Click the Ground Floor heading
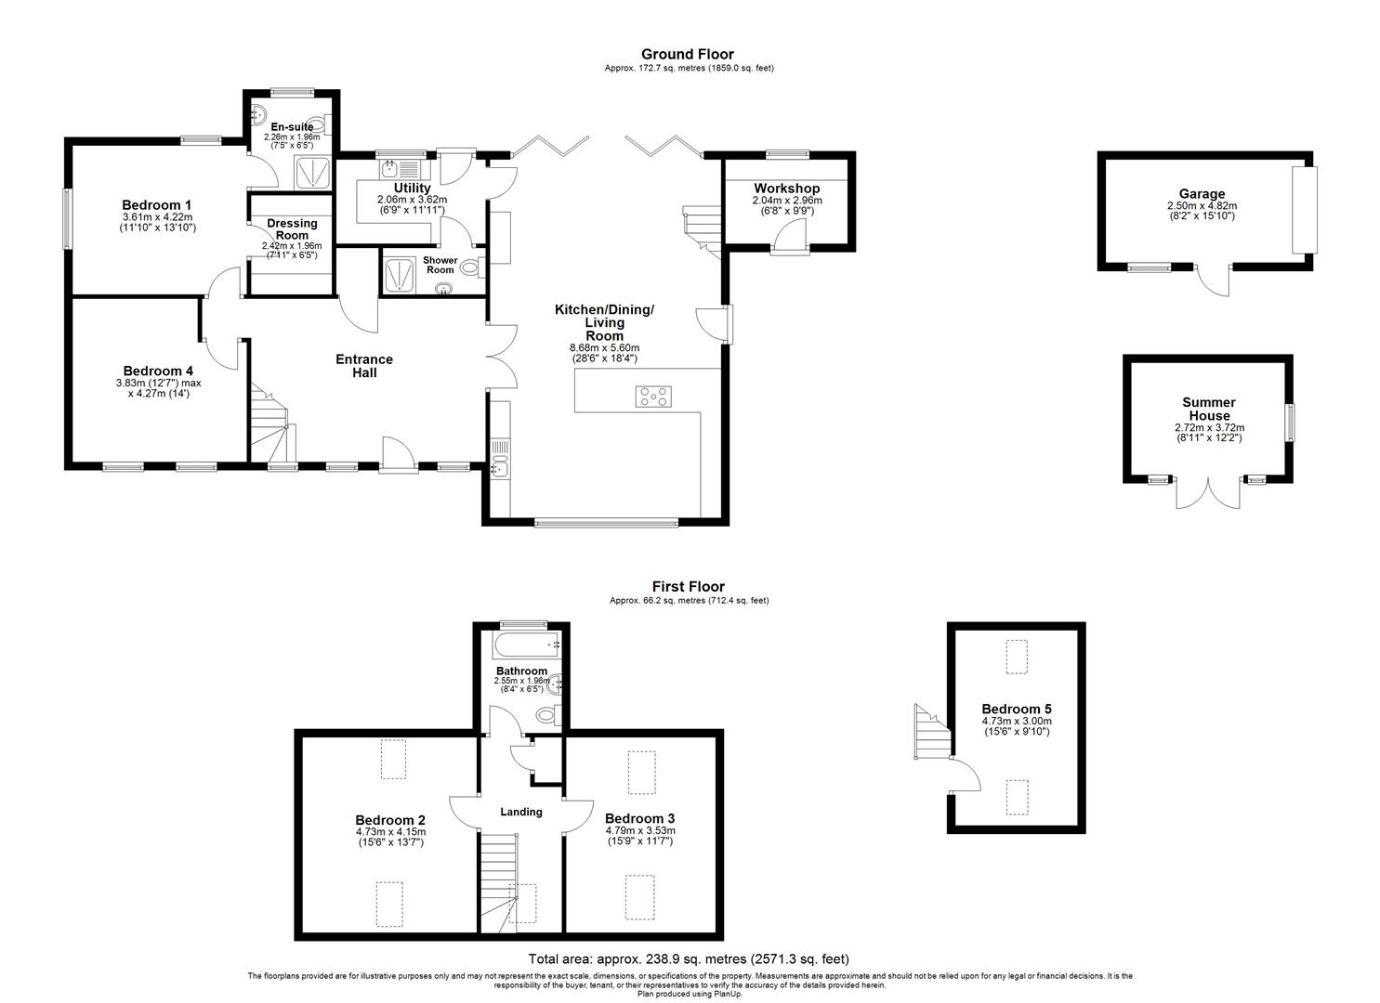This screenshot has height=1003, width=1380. coord(688,54)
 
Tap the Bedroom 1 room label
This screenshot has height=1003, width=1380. coord(156,205)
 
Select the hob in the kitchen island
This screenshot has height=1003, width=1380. coord(653,397)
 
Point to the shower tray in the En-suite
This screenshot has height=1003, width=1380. coord(312,173)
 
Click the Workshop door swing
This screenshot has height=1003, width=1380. coord(790,235)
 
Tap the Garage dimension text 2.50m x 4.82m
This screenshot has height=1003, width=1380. coord(1202,206)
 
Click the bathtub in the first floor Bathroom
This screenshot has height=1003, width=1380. coord(527,645)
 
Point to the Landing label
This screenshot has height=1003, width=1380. coord(521,812)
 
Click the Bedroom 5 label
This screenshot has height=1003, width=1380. coord(1017,709)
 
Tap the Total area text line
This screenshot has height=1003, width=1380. coord(689,958)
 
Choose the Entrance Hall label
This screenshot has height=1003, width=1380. coord(364,366)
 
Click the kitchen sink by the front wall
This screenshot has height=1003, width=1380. coord(500,471)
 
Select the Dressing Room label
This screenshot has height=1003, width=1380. coord(292,229)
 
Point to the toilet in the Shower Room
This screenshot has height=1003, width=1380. coord(472,267)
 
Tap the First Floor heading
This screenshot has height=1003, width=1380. coord(689,587)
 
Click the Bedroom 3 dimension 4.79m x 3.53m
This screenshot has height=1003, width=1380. coord(639,830)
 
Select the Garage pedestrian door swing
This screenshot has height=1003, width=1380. coord(1214,280)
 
